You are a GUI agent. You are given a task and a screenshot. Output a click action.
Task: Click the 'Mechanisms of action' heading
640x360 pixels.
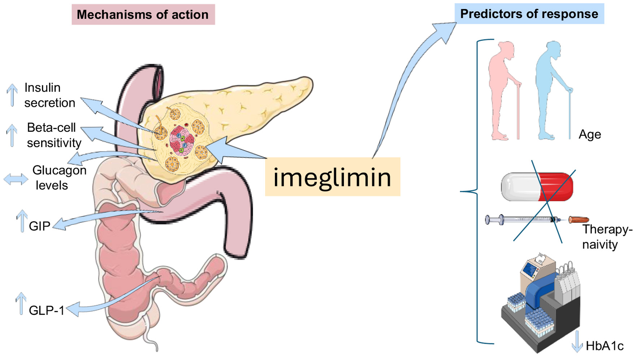pos(143,14)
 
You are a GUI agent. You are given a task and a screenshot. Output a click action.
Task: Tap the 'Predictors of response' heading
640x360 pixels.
pos(529,14)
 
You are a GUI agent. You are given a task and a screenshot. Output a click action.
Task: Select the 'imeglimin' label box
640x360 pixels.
pos(332,177)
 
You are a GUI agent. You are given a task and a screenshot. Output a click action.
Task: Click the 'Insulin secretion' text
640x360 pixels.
pos(49,95)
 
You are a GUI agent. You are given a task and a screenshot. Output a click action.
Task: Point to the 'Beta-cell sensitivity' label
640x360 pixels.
pos(53,135)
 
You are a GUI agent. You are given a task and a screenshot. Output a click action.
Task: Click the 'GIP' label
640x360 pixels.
pos(39,226)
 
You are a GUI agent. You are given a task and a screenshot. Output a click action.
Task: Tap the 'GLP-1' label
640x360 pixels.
pos(46,310)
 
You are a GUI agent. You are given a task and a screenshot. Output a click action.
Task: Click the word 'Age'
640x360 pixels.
pos(589,134)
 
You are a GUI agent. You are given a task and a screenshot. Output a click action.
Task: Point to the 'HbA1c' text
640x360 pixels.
pos(604,346)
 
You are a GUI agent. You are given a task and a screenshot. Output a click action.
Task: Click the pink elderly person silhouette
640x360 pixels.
pos(503,90)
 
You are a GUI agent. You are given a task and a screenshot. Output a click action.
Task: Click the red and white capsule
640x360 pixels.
pos(537,187)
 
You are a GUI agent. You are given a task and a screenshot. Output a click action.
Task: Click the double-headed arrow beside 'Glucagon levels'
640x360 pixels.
pos(16,179)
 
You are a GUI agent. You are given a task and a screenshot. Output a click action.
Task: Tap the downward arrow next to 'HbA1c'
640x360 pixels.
pos(577,341)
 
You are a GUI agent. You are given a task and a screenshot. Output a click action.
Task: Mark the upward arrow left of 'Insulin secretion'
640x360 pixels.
pos(12,95)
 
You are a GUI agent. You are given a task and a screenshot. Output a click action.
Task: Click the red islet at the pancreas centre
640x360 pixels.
pos(182,141)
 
